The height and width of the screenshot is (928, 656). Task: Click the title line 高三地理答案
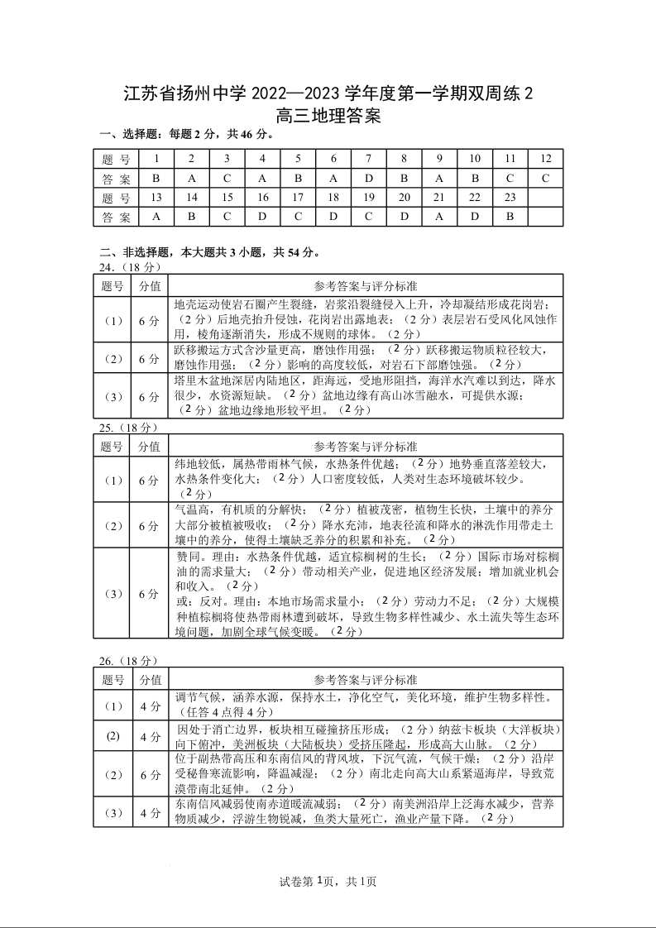pos(328,117)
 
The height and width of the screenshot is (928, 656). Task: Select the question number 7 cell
pos(369,159)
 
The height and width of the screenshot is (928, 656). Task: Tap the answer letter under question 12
pos(545,178)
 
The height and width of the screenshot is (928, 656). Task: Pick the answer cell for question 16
pos(262,217)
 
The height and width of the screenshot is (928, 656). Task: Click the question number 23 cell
pos(510,197)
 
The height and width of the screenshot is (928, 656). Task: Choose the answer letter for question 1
pos(156,178)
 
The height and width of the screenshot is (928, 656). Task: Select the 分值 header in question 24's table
pos(150,286)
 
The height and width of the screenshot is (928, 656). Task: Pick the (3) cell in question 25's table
pos(113,593)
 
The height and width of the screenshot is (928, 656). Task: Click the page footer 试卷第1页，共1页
pos(328,882)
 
